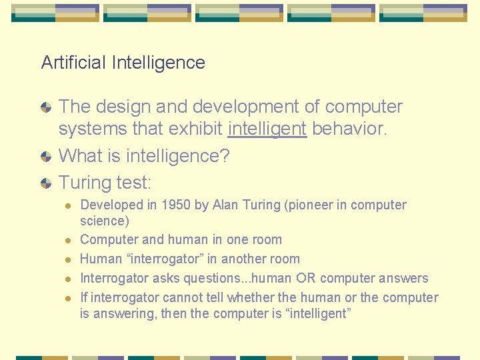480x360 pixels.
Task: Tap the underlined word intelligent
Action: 267,128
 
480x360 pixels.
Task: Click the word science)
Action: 105,221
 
